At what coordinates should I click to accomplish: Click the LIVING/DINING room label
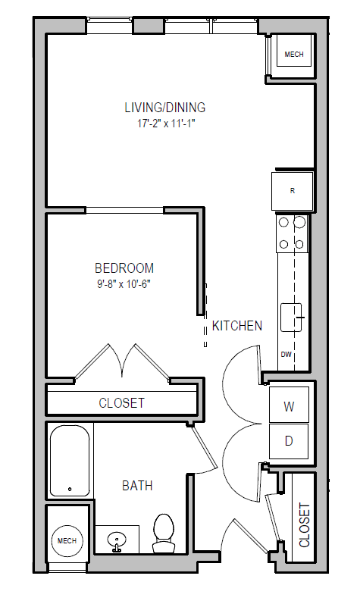click(x=165, y=107)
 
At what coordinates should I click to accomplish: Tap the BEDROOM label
click(x=124, y=268)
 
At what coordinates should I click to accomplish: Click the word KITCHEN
click(x=236, y=326)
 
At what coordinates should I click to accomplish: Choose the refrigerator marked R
click(x=293, y=190)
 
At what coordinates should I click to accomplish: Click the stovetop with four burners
click(x=292, y=233)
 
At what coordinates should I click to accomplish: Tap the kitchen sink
click(x=292, y=317)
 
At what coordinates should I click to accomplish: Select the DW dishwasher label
click(x=286, y=355)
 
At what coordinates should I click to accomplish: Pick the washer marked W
click(x=289, y=406)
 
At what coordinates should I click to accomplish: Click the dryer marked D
click(x=289, y=440)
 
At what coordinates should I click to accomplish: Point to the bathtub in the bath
click(x=70, y=460)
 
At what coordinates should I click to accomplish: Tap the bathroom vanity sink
click(x=117, y=540)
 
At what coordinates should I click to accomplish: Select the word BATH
click(x=137, y=485)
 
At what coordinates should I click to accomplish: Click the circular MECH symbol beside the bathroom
click(x=67, y=540)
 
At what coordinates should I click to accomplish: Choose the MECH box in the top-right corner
click(x=293, y=55)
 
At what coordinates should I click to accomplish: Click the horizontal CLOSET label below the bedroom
click(x=121, y=403)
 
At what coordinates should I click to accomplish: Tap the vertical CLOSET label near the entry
click(x=305, y=524)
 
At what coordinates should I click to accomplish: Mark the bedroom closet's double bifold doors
click(x=123, y=362)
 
